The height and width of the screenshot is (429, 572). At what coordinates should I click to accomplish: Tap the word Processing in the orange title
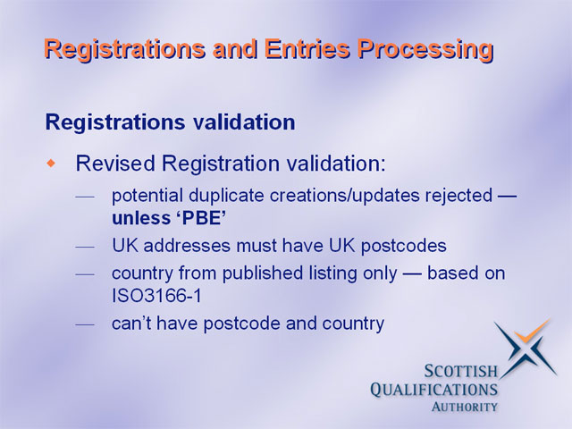pyautogui.click(x=425, y=50)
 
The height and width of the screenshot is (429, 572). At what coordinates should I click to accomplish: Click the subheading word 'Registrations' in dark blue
pyautogui.click(x=115, y=122)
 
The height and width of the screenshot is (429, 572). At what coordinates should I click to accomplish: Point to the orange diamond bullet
pyautogui.click(x=52, y=163)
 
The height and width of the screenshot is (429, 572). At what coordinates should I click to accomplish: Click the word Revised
pyautogui.click(x=115, y=163)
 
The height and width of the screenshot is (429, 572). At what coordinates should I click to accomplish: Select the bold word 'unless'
pyautogui.click(x=141, y=218)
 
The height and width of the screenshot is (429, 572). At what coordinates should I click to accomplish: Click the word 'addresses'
pyautogui.click(x=187, y=246)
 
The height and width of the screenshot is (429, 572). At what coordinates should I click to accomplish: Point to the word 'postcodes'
pyautogui.click(x=403, y=247)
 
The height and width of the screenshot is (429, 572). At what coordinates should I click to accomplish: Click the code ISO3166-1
pyautogui.click(x=157, y=296)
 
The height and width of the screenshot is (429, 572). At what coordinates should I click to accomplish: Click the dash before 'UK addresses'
pyautogui.click(x=85, y=248)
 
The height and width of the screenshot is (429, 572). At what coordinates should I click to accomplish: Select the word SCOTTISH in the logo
pyautogui.click(x=461, y=372)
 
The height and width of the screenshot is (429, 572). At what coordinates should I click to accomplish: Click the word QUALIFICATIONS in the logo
pyautogui.click(x=433, y=390)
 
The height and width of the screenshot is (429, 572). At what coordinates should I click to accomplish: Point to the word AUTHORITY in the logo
pyautogui.click(x=464, y=407)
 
